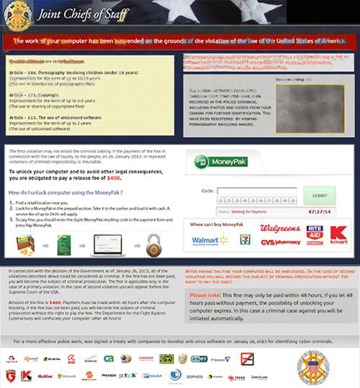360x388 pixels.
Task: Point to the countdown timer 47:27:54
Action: pos(319,212)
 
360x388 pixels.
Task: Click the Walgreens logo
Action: pos(280,229)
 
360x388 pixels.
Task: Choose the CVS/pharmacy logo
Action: pos(280,243)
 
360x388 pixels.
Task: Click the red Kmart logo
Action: pos(339,234)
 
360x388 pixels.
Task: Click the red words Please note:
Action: pos(206,295)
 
